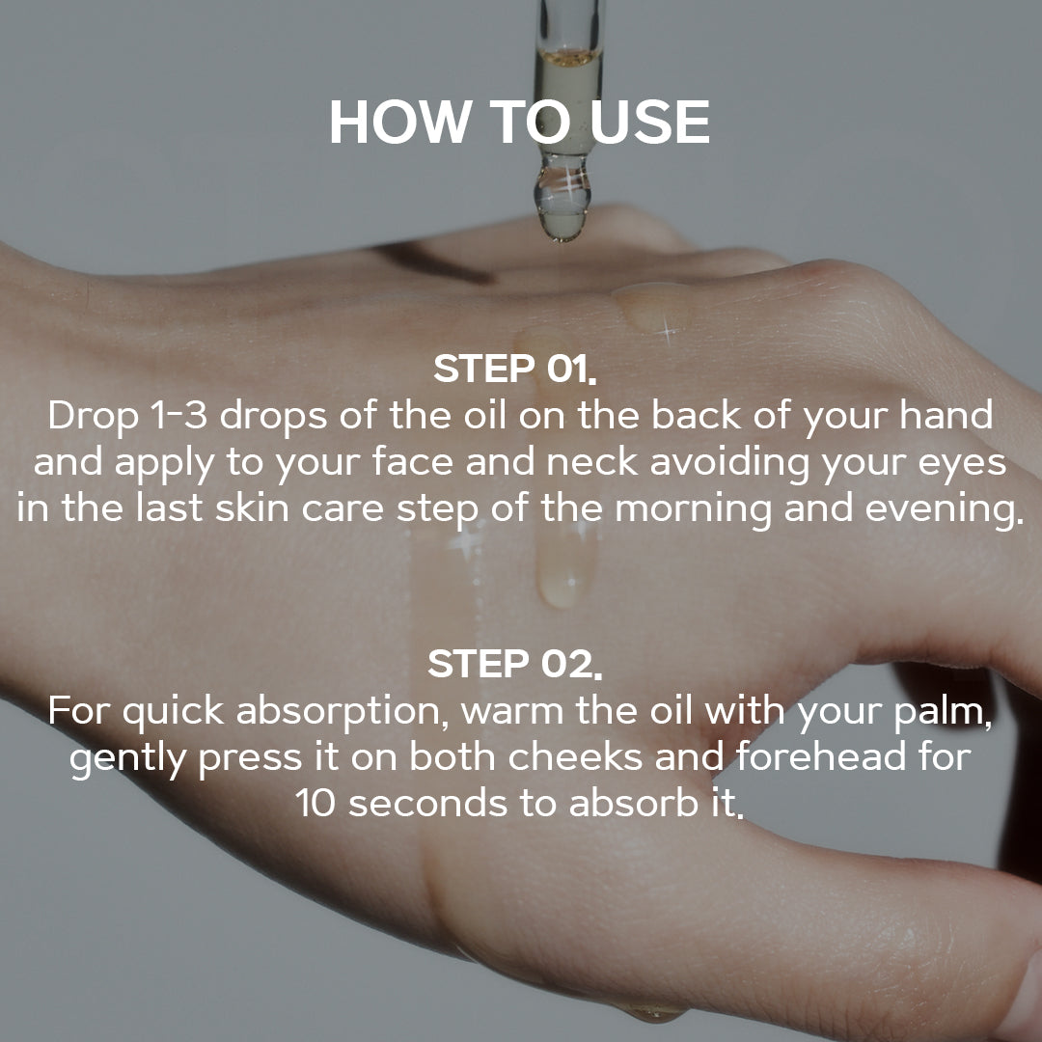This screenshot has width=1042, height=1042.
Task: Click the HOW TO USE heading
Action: [520, 122]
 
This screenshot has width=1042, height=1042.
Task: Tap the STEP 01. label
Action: [515, 369]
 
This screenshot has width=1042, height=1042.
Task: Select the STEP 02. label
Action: [515, 664]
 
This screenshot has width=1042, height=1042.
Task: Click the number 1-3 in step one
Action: [178, 415]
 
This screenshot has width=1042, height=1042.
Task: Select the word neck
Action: [592, 462]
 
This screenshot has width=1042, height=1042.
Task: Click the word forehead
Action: [821, 757]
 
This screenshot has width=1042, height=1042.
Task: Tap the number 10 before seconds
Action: [316, 804]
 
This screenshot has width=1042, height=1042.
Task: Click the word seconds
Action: [429, 804]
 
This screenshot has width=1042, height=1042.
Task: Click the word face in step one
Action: [412, 462]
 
